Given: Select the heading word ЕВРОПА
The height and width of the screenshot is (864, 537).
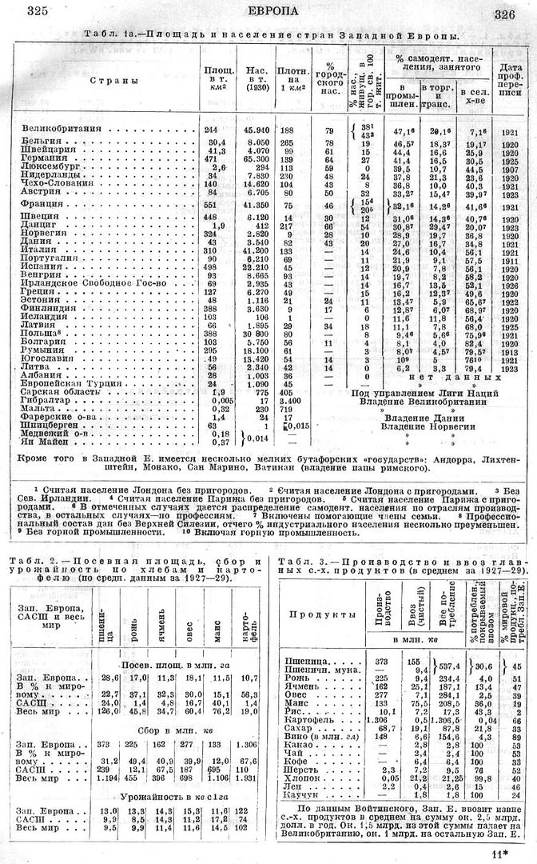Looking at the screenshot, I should point(273,10).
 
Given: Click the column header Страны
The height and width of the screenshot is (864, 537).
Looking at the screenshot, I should point(105,81).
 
